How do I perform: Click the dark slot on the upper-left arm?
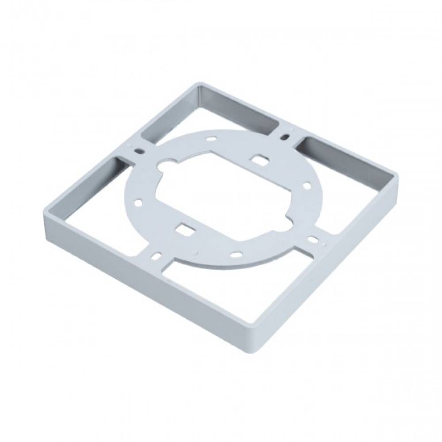(x=140, y=151)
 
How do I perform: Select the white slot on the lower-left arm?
(x=157, y=255)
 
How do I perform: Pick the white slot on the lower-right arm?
(x=312, y=239)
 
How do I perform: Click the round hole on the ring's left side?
(x=138, y=203)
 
